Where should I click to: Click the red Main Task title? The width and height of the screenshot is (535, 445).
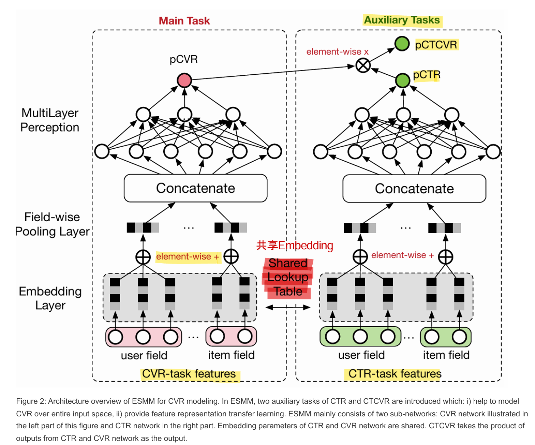184,21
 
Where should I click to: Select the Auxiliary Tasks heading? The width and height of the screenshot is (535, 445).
402,20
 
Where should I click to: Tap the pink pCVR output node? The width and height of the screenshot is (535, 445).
184,80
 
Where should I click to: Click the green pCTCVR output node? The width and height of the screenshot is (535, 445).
402,44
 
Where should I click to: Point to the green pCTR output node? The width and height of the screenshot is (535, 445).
402,80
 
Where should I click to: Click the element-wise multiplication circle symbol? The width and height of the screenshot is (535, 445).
363,65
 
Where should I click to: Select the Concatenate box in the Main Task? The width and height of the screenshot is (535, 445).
195,188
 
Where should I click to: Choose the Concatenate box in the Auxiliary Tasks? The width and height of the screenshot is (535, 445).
414,189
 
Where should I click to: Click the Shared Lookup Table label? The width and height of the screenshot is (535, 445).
288,277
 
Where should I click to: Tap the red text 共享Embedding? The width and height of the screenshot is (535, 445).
295,245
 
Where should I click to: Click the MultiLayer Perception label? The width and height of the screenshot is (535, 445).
50,120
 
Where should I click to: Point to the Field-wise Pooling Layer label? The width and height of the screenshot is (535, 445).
52,224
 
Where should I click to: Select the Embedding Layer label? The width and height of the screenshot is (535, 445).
50,298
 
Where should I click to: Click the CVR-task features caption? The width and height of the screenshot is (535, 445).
189,374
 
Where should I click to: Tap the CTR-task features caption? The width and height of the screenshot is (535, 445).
395,374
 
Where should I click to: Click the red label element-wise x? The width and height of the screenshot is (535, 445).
337,52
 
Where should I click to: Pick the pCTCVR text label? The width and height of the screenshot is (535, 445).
436,45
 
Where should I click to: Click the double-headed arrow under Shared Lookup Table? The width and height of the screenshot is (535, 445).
288,307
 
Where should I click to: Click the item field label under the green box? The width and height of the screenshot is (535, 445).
446,355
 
